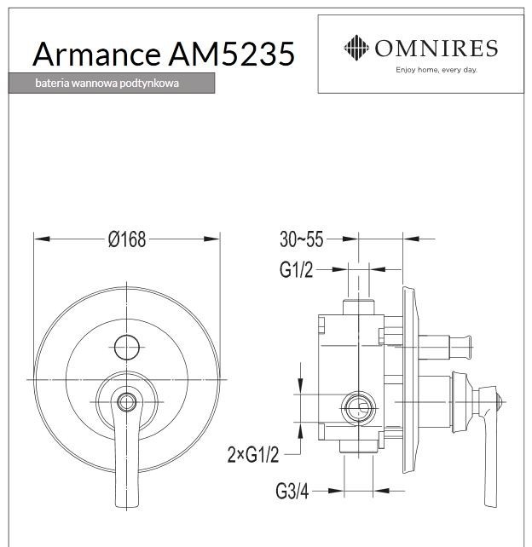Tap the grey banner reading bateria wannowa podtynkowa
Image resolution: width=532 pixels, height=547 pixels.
[111, 84]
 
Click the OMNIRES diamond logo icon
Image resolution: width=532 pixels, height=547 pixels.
[356, 48]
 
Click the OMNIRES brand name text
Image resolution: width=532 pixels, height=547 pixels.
[435, 48]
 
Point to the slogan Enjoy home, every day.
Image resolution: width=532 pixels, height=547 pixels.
[435, 70]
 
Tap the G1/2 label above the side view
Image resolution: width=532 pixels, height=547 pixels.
[296, 270]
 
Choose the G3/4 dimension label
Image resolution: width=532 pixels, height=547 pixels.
[292, 491]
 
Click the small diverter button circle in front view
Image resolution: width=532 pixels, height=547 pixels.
[126, 347]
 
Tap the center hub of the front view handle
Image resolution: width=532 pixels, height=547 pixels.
[126, 400]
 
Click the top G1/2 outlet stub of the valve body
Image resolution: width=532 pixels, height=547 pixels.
[358, 308]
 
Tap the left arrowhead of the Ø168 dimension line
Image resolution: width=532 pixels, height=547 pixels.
[38, 239]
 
